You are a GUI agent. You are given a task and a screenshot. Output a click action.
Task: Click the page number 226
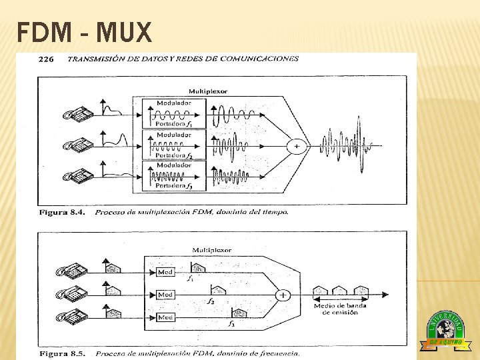tap(46, 59)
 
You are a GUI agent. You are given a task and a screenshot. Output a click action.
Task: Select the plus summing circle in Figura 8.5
tap(283, 294)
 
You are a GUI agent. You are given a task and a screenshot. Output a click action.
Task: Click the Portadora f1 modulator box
tap(173, 114)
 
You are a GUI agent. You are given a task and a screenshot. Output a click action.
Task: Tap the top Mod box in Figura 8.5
tap(165, 272)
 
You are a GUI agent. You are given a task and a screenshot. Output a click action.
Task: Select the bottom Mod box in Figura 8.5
tap(165, 317)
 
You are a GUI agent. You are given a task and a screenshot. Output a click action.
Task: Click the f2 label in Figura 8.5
tap(210, 301)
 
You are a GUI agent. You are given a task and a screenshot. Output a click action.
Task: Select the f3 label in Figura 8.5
tap(231, 324)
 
